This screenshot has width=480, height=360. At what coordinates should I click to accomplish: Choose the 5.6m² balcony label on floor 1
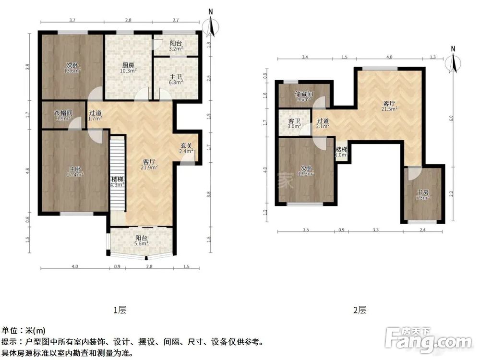point(141,240)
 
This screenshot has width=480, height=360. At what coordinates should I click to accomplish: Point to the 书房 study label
point(422,195)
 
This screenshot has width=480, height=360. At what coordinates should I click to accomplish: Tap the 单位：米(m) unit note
point(24,330)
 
